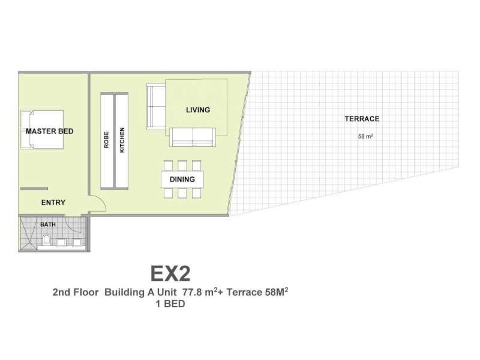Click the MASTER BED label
point(50,131)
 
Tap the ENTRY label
point(53,202)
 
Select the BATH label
point(48,224)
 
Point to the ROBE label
point(106,140)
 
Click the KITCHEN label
point(122,140)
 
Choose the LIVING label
point(198,110)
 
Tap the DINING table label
point(182,179)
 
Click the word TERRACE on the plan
point(362,119)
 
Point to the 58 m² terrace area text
point(365,137)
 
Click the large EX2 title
point(170,274)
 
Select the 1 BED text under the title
point(170,304)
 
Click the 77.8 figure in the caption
point(192,292)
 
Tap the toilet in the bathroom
point(47,239)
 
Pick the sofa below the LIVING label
point(193,137)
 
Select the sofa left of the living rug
point(156,106)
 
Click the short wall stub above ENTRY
point(34,189)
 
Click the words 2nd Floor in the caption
point(76,292)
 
